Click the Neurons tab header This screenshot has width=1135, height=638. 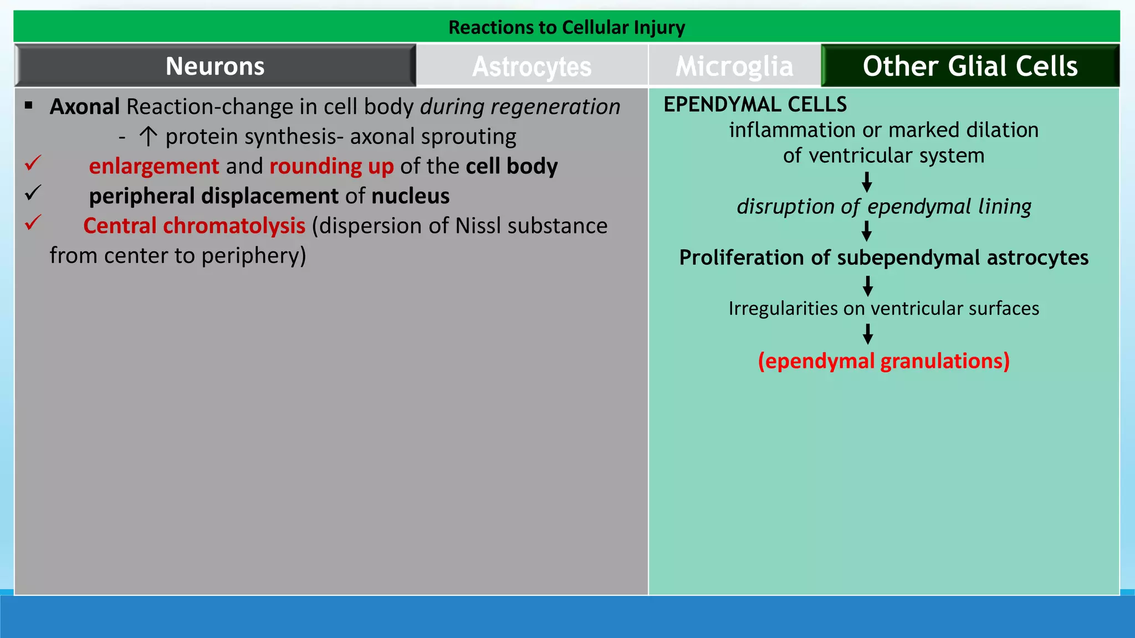click(215, 66)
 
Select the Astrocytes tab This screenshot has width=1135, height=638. click(531, 66)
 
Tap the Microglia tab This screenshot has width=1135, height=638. click(734, 66)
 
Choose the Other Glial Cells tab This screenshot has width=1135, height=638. click(970, 66)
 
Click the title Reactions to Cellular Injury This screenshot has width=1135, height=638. click(566, 27)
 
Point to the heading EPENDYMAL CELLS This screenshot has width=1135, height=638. click(755, 104)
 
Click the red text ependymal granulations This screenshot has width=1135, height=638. click(883, 361)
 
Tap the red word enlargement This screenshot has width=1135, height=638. click(154, 166)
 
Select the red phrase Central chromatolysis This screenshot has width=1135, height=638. click(194, 226)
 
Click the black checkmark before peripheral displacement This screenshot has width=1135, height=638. click(33, 193)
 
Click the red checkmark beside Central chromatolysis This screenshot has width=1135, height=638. click(33, 223)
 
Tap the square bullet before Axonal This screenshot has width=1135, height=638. click(29, 105)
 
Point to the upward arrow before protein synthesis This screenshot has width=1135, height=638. click(148, 136)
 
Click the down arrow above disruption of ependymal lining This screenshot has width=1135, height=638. click(867, 182)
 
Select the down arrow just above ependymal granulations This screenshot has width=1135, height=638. click(868, 334)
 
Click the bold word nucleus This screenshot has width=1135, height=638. click(410, 196)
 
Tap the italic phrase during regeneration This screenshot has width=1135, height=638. click(520, 106)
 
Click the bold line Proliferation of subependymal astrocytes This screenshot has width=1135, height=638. click(883, 258)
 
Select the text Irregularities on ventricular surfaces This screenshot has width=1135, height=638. click(883, 308)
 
